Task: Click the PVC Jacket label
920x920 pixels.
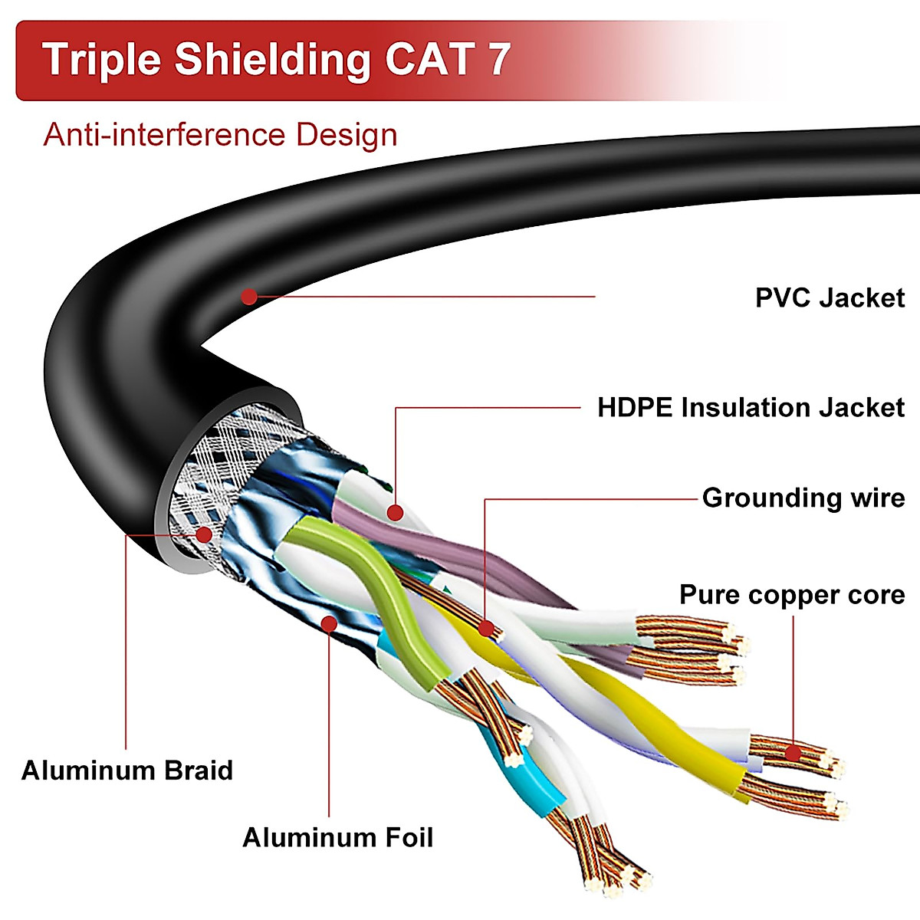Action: click(x=830, y=297)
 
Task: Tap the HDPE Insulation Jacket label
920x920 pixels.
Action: click(x=751, y=407)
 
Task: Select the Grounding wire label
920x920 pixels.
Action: click(x=803, y=498)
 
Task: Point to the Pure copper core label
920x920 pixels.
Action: click(x=792, y=595)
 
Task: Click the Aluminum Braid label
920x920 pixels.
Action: click(x=127, y=770)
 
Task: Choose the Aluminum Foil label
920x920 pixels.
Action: click(x=337, y=837)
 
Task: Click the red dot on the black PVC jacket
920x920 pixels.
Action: click(x=249, y=296)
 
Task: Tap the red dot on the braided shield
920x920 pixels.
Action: click(x=204, y=535)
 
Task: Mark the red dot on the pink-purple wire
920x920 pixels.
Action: click(x=395, y=512)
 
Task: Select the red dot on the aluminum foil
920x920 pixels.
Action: click(x=329, y=623)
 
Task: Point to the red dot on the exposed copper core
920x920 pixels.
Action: click(x=793, y=754)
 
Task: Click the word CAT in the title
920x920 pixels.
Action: click(x=429, y=60)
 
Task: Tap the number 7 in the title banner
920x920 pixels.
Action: click(x=499, y=60)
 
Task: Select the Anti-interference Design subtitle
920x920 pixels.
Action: click(x=220, y=135)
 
